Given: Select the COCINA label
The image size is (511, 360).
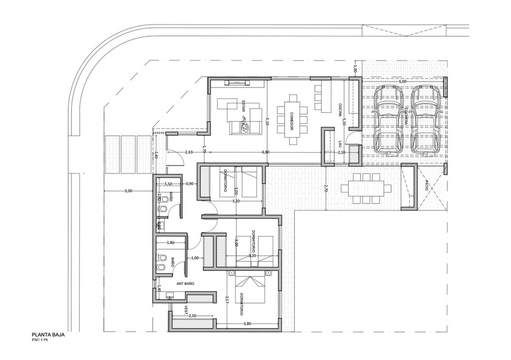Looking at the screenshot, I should point(340,110).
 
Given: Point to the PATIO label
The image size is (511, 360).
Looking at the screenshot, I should point(426,185).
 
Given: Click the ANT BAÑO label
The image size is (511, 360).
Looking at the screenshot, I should point(185,284).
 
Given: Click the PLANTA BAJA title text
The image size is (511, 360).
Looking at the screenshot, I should point(48,335).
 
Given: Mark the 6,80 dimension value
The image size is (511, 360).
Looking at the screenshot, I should point(266,152).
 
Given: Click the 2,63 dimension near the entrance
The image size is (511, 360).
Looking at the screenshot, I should point(189,152).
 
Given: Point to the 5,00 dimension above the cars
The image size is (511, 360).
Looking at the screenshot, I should point(403,81).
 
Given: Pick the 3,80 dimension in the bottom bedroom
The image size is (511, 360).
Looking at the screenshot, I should point(247,323).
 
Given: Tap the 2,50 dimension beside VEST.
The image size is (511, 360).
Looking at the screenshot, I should point(192,316).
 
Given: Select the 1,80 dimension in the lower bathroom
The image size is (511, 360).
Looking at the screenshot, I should point(170,243).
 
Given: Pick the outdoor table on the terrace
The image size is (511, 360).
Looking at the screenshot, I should point(366,188).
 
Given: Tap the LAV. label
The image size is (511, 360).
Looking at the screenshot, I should point(340,144).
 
